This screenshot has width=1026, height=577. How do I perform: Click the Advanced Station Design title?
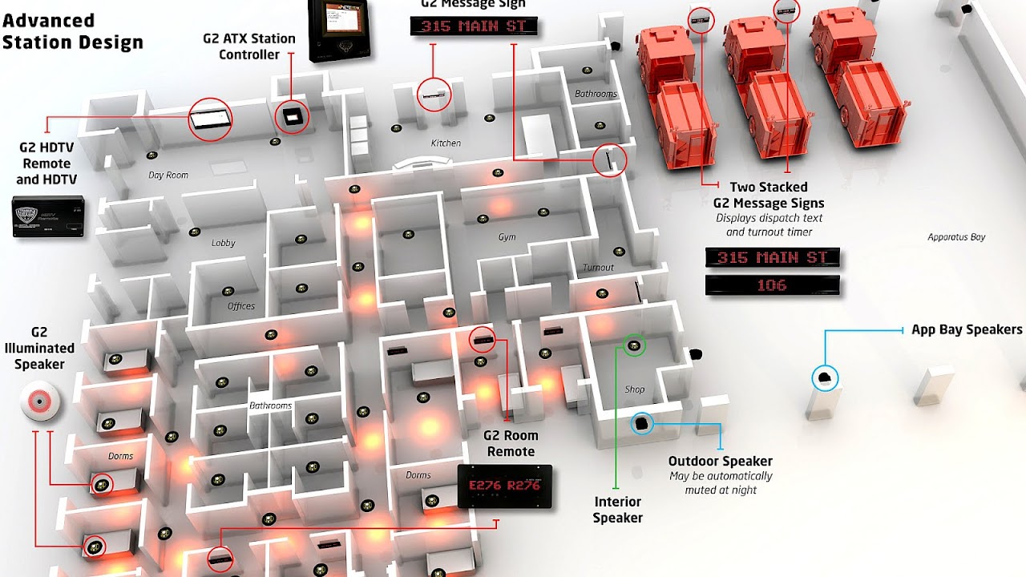tap(72, 32)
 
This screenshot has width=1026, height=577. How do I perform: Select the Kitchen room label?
tap(446, 143)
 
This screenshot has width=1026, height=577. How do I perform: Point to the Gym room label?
tap(507, 237)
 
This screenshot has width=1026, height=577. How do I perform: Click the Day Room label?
tap(168, 176)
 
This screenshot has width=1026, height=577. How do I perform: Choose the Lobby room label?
tap(224, 243)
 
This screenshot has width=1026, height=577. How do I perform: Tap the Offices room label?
tap(240, 306)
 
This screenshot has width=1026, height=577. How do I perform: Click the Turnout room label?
tap(598, 268)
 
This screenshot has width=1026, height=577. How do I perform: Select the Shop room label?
tap(634, 389)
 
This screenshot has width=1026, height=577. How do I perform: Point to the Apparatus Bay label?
tap(956, 237)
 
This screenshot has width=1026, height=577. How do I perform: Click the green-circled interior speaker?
tap(635, 345)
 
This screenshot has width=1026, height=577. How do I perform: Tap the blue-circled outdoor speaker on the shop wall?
tap(643, 423)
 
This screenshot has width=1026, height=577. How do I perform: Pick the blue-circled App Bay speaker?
tap(825, 377)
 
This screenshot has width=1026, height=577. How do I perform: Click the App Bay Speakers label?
tap(967, 329)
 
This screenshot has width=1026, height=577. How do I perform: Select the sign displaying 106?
tap(772, 284)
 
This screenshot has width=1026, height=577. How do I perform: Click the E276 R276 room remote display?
tap(504, 486)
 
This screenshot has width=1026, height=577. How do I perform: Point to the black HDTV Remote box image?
tap(49, 216)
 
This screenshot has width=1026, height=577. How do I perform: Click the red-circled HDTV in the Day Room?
tap(211, 121)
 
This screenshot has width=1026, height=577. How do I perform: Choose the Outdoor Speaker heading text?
tap(721, 461)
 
